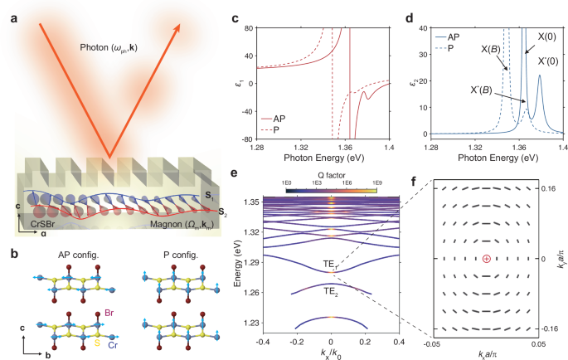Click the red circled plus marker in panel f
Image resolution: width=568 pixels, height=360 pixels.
[486, 260]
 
